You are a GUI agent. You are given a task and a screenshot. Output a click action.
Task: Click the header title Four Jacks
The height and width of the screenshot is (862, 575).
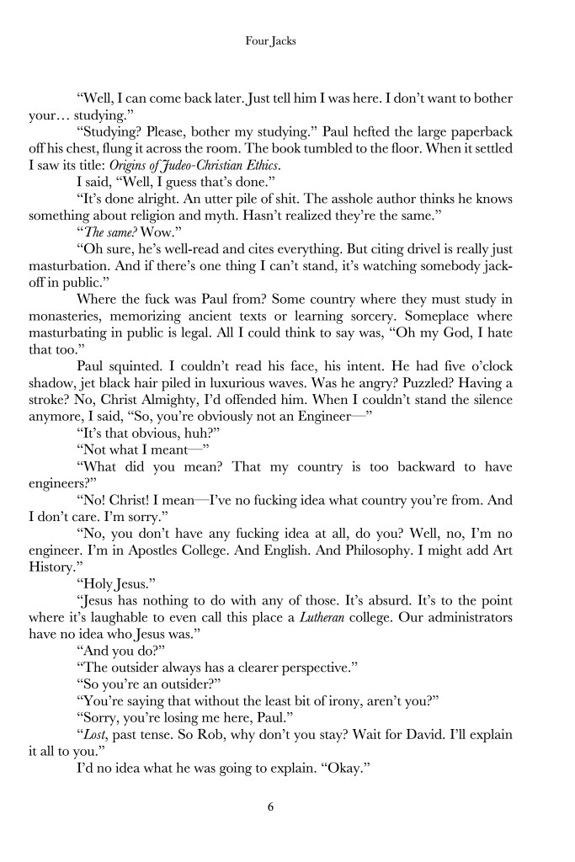point(286,39)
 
